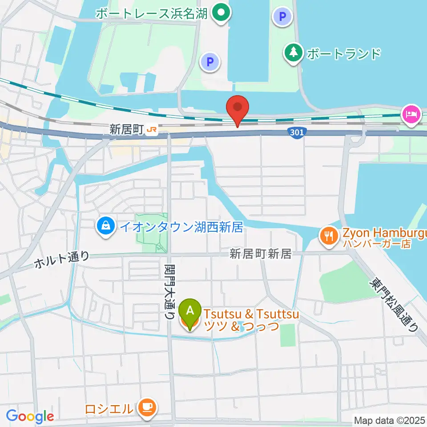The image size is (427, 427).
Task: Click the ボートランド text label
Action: tap(344, 54)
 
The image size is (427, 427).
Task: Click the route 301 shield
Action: tap(296, 132)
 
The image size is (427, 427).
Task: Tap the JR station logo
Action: tap(153, 130)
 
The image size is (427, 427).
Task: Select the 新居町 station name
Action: tap(127, 130)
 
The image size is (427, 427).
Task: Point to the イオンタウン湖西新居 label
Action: tap(181, 227)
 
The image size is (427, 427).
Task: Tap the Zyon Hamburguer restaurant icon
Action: tap(329, 235)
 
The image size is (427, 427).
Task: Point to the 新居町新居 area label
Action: tap(260, 254)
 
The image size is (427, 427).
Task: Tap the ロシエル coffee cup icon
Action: tap(146, 407)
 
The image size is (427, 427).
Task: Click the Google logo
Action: tap(30, 416)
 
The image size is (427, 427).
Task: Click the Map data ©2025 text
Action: tap(389, 420)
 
